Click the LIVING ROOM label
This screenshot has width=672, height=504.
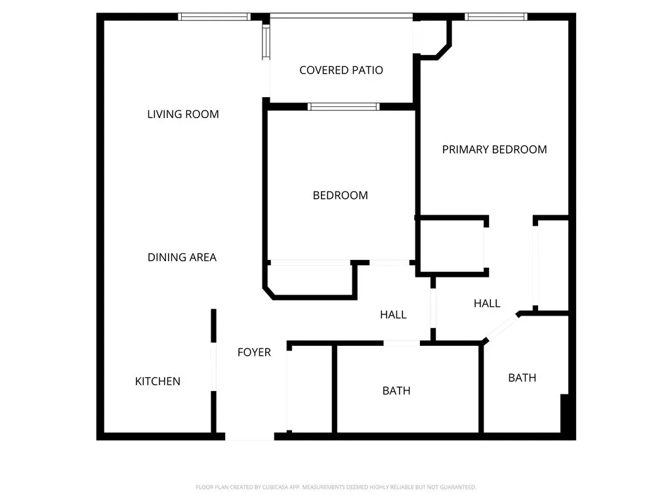(183, 114)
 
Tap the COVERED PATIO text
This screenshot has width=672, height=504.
(341, 70)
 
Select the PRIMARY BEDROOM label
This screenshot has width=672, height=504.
(494, 149)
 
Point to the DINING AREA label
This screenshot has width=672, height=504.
(182, 257)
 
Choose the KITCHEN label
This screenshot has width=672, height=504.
(157, 381)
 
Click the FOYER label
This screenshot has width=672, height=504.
(254, 352)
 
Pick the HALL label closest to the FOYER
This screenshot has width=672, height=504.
(393, 314)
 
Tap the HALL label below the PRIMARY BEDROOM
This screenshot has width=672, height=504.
(487, 303)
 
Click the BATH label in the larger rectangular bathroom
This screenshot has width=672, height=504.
(396, 390)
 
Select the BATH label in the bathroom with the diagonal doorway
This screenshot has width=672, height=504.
(522, 377)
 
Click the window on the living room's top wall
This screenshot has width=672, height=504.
(215, 16)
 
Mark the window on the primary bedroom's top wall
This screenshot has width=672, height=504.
(496, 16)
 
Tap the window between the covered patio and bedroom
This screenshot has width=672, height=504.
(343, 107)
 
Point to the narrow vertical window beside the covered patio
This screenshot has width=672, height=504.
(266, 42)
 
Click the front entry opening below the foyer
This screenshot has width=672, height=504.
(249, 436)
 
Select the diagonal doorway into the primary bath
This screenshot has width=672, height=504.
(502, 327)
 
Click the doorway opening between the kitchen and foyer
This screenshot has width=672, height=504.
(213, 366)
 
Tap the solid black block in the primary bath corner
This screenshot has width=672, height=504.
(565, 413)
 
